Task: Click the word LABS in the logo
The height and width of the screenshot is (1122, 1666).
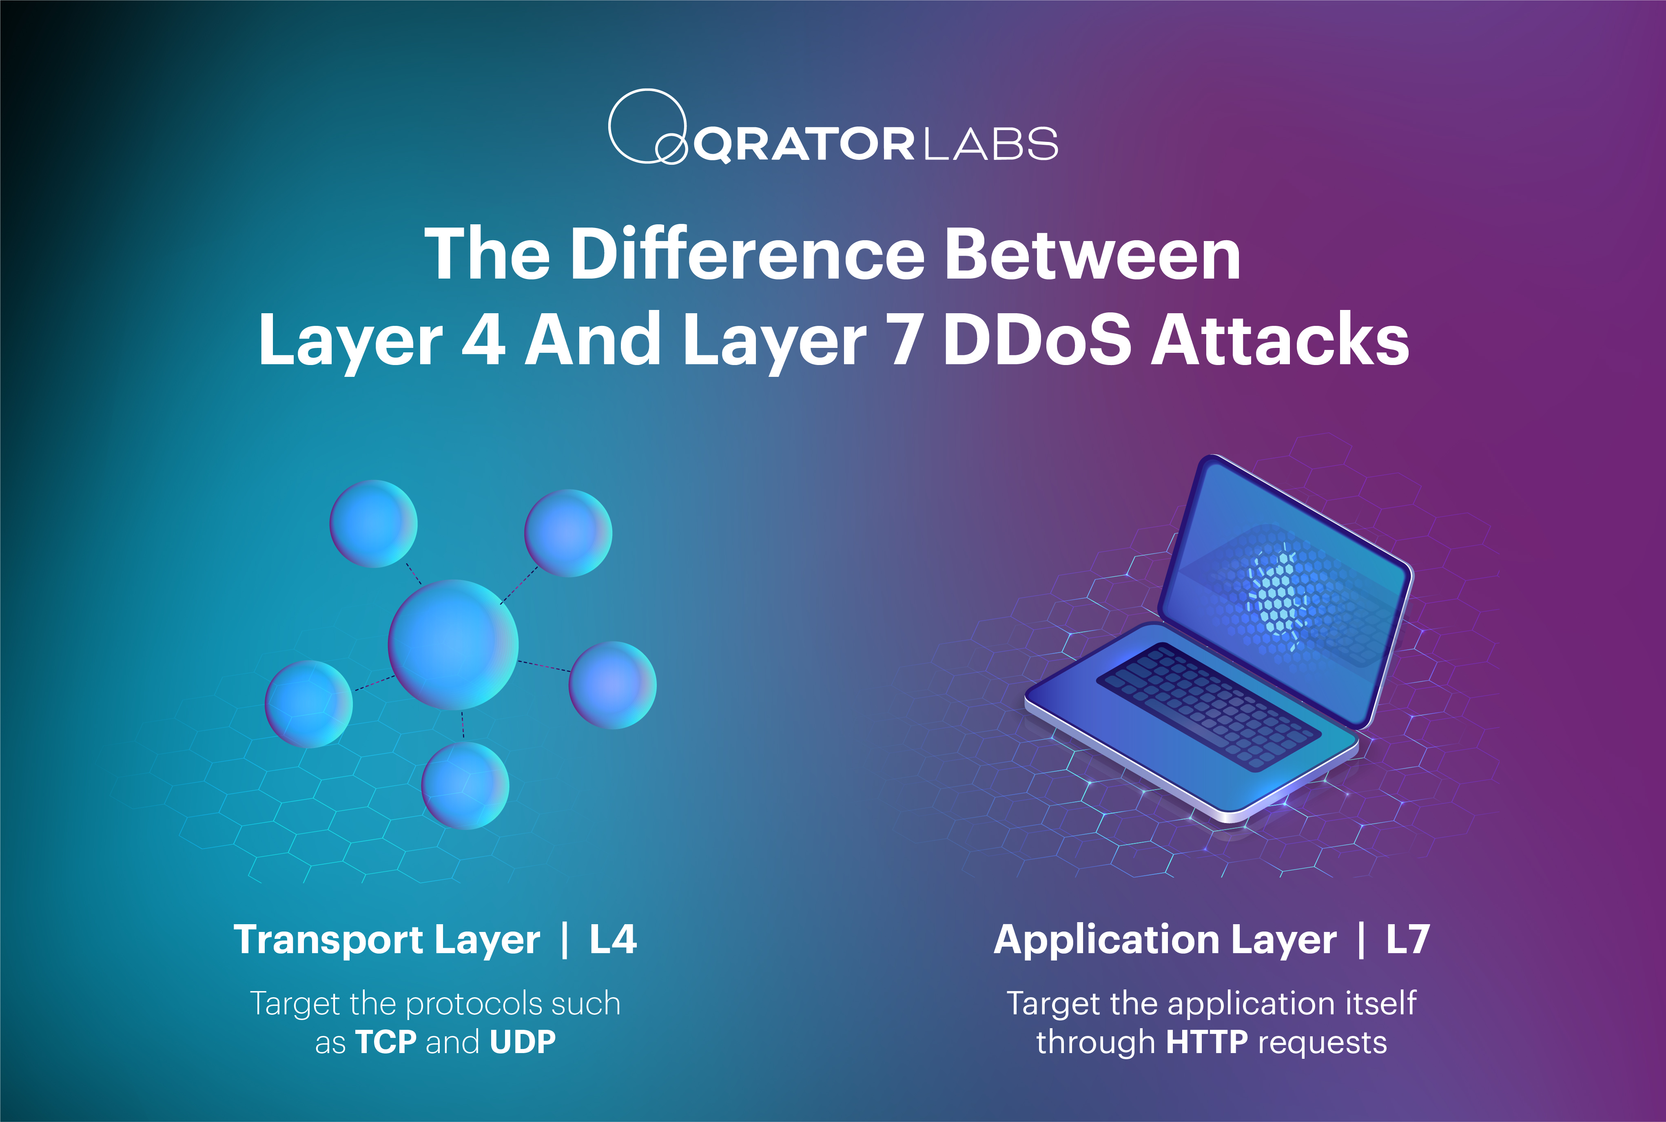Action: point(991,144)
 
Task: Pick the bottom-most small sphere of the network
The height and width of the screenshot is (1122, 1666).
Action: point(465,785)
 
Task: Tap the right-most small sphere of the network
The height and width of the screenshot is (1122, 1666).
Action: point(613,685)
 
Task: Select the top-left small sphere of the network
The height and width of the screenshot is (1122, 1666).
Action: point(374,524)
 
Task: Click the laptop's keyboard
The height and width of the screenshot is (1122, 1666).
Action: point(1209,706)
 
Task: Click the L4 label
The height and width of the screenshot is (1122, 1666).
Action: point(613,940)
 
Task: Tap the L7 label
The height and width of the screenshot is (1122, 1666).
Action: point(1408,940)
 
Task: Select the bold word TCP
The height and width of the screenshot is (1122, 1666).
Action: point(386,1042)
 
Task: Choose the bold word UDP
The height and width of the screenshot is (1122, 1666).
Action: point(523,1042)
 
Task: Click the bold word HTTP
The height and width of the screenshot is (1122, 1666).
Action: point(1207,1042)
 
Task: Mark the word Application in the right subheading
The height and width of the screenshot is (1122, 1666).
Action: point(1106,940)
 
